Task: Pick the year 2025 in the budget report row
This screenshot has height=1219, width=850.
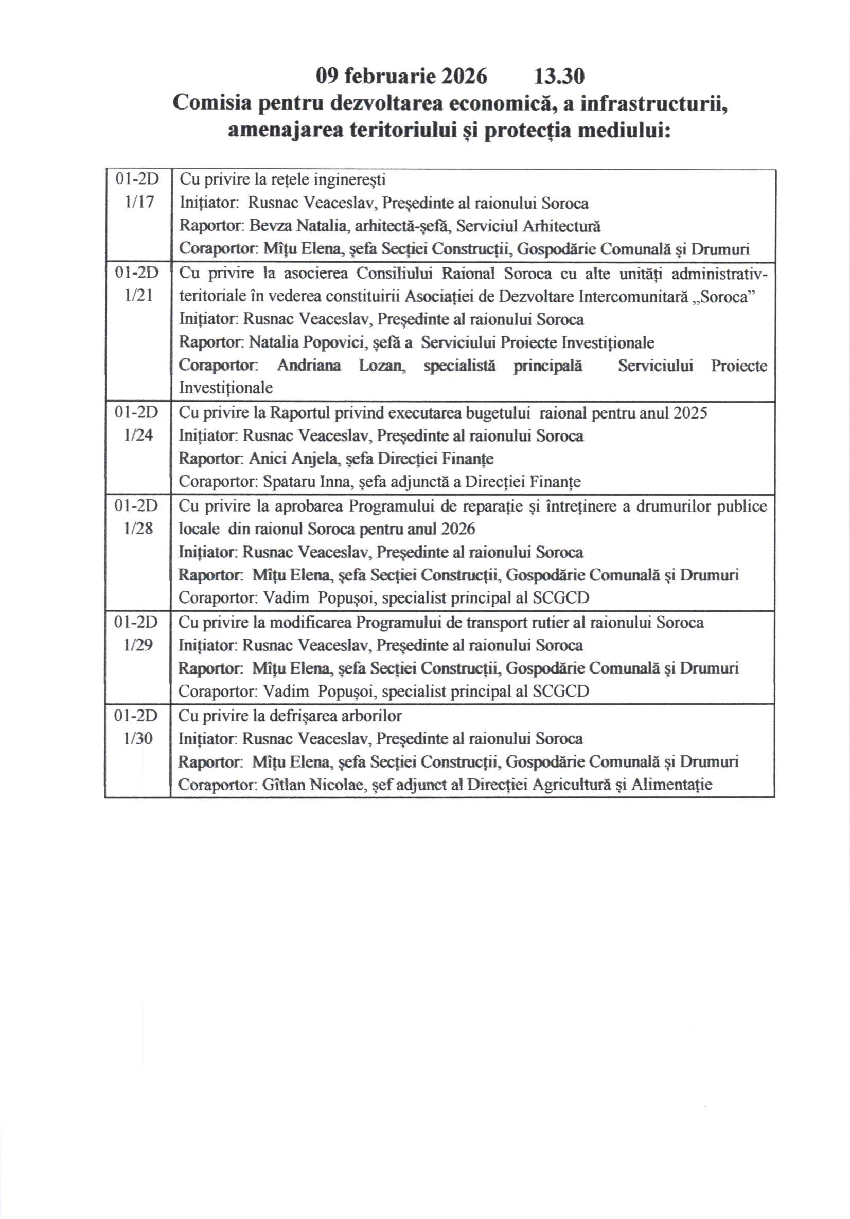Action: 690,413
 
